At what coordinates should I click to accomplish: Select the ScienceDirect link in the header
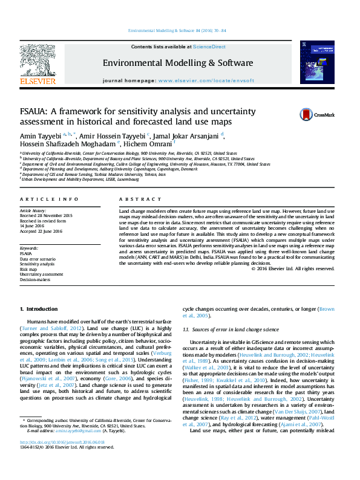[209, 47]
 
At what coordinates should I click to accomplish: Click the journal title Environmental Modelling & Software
[178, 63]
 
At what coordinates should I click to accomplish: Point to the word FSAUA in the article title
[36, 112]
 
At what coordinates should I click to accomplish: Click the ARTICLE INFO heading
[49, 199]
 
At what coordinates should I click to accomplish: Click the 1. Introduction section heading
[38, 309]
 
